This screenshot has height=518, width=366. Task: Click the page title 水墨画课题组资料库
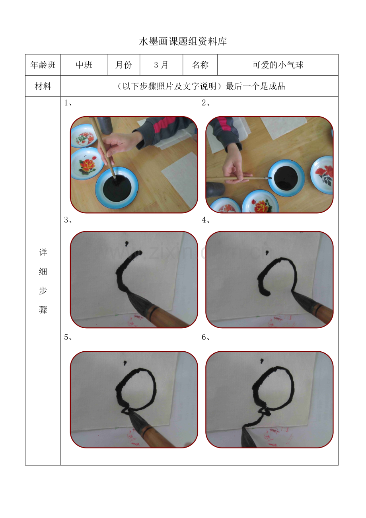pos(183,41)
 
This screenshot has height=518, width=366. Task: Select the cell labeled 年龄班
pos(43,65)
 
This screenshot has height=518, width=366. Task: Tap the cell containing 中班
pos(84,65)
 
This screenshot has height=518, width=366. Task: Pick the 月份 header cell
pos(123,65)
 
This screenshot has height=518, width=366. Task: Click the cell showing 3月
pos(161,65)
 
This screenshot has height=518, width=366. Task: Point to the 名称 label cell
pos(200,65)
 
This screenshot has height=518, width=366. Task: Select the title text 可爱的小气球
pos(278,65)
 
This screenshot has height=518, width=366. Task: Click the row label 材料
pos(43,86)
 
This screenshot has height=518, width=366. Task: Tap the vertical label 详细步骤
pos(43,281)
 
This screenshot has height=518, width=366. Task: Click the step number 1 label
pos(68,103)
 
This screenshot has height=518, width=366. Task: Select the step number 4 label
pos(206,220)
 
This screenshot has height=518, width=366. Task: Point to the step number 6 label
pos(206,338)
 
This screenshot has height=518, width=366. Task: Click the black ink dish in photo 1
pos(118,189)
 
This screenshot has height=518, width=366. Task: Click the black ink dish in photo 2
pos(286,178)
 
